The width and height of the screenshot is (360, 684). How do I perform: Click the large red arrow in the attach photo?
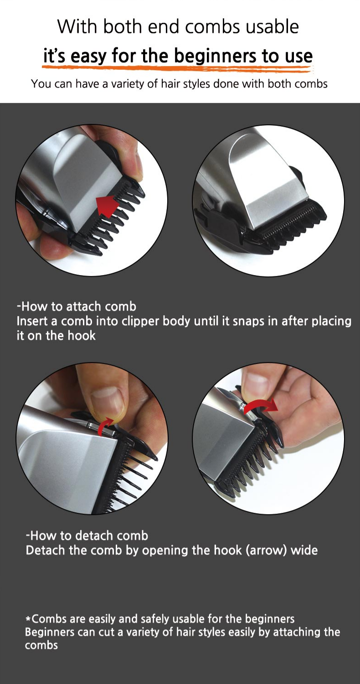pos(107,206)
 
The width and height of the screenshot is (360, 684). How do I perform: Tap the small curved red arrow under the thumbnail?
pos(105,426)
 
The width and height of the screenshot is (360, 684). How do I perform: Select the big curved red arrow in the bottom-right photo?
pos(261,406)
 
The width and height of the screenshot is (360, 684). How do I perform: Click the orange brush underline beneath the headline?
pos(178,68)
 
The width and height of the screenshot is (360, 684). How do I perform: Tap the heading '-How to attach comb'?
pos(77,306)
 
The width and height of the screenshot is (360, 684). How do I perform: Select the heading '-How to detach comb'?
pos(87,536)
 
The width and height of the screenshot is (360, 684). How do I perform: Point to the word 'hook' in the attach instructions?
pos(82,336)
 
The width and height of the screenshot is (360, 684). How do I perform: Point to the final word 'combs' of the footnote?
pos(41,645)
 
